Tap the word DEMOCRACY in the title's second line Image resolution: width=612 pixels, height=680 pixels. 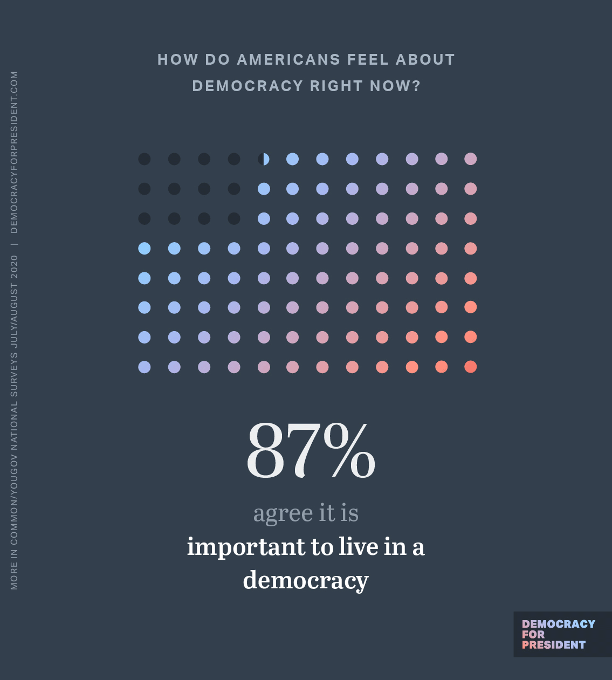point(247,86)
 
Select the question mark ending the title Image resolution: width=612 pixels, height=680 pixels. point(416,86)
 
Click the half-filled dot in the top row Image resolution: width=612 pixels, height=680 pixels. point(264,159)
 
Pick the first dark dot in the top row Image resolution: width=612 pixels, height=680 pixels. point(145,159)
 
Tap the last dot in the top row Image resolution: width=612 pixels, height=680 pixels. point(471,159)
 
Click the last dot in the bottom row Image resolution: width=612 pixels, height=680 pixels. point(471,367)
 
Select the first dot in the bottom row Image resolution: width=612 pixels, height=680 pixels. point(145,367)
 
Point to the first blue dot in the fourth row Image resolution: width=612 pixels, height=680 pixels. point(145,248)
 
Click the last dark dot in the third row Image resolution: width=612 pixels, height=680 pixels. point(234,218)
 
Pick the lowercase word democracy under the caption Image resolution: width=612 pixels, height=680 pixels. point(306,580)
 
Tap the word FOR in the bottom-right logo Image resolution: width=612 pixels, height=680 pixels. point(533,635)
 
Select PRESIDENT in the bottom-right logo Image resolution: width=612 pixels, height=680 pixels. point(554,645)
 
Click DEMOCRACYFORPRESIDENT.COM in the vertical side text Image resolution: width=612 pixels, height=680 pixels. point(14,152)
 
